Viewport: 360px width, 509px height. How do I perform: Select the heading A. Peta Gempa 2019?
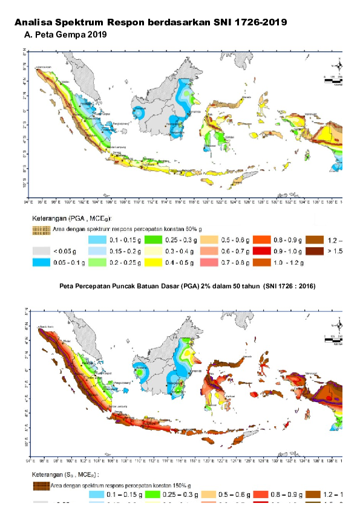64,35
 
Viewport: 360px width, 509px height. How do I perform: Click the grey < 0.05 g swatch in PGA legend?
41,250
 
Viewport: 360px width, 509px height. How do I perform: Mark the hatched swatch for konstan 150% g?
41,484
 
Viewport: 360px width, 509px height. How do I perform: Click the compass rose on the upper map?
340,66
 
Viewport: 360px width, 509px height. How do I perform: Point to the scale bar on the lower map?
333,340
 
